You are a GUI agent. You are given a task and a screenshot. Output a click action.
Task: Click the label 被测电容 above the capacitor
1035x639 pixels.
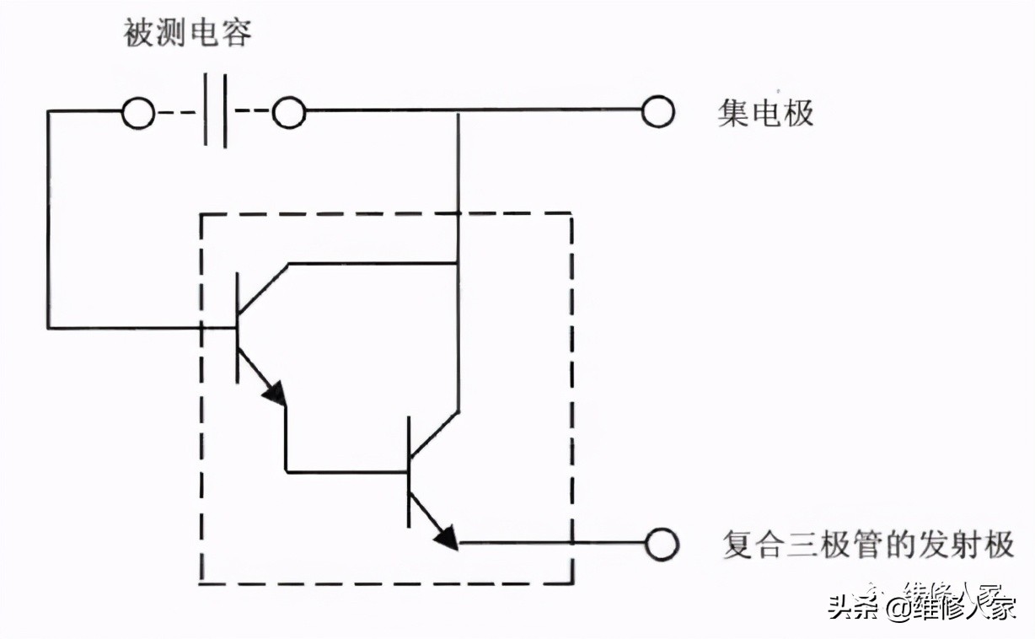coord(188,34)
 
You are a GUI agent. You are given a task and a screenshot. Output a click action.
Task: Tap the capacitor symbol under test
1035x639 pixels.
coord(215,111)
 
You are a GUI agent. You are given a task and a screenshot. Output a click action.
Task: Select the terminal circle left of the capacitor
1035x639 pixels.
coord(138,112)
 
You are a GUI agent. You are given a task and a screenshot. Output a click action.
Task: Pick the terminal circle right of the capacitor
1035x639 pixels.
coord(288,112)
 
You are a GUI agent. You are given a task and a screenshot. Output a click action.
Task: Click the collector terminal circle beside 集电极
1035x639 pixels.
coord(657,111)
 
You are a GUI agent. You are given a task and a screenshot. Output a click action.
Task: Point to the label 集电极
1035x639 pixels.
coord(765,112)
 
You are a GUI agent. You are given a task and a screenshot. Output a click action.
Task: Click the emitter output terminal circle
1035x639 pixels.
coord(662,544)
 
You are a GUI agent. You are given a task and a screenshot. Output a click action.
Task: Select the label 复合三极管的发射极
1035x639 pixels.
coord(868,545)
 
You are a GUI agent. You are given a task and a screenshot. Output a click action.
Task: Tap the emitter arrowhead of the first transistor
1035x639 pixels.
coord(275,393)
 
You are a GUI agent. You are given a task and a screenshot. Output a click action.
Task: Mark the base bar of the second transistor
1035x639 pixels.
coord(409,471)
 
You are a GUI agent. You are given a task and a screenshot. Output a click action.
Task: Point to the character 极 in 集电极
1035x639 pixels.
coord(797,112)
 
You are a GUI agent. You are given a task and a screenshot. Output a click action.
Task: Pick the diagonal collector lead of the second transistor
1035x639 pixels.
coord(434,435)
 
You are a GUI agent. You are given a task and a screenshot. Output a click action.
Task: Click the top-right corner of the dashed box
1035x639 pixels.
coord(572,214)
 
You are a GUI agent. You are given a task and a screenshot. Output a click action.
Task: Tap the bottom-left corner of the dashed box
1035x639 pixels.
coord(201,583)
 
